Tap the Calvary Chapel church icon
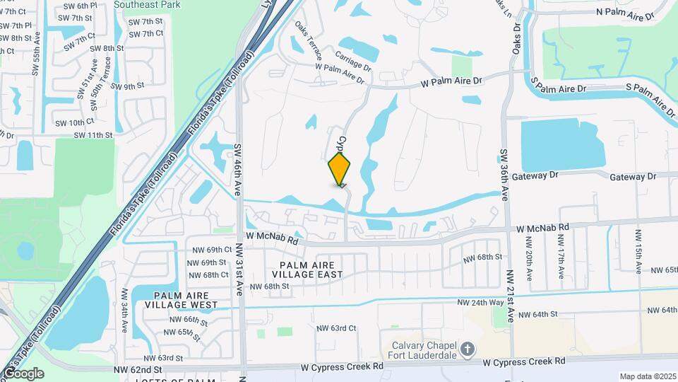point(468,349)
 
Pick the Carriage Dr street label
point(353,61)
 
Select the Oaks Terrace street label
point(309,42)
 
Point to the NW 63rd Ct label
point(335,328)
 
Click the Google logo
point(23,373)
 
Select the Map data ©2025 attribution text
point(647,376)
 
